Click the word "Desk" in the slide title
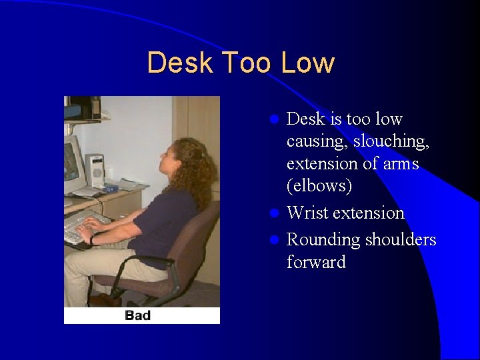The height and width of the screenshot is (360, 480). pos(181,63)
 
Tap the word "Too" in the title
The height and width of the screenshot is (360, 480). pos(247,63)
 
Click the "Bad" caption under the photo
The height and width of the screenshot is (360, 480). pos(137,315)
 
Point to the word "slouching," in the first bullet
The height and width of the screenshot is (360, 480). pos(391,141)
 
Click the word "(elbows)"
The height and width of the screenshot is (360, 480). pos(319,186)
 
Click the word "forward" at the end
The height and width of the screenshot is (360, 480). pos(316,263)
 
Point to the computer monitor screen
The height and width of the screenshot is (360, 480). pos(71,163)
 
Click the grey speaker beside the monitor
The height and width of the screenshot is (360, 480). pos(95,170)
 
